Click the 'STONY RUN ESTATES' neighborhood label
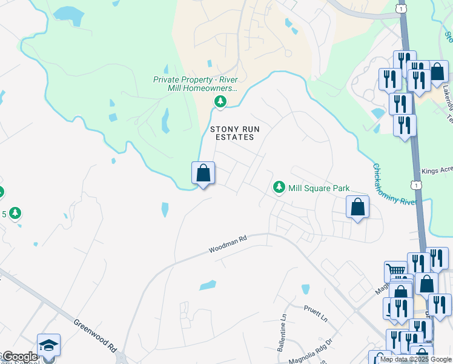tap(231, 133)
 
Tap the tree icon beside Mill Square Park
tap(279, 187)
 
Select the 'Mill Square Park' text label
tap(319, 189)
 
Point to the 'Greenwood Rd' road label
tap(96, 336)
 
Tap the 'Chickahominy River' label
tap(395, 185)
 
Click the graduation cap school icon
tap(48, 345)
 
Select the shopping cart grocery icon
tap(395, 271)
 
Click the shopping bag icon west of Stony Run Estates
tap(203, 173)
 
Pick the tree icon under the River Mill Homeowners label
tap(221, 101)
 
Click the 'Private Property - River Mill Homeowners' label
tap(195, 84)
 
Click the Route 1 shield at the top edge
tap(401, 7)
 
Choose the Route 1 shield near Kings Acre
tap(415, 183)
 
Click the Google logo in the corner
tap(19, 357)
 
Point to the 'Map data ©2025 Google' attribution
tap(415, 359)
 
